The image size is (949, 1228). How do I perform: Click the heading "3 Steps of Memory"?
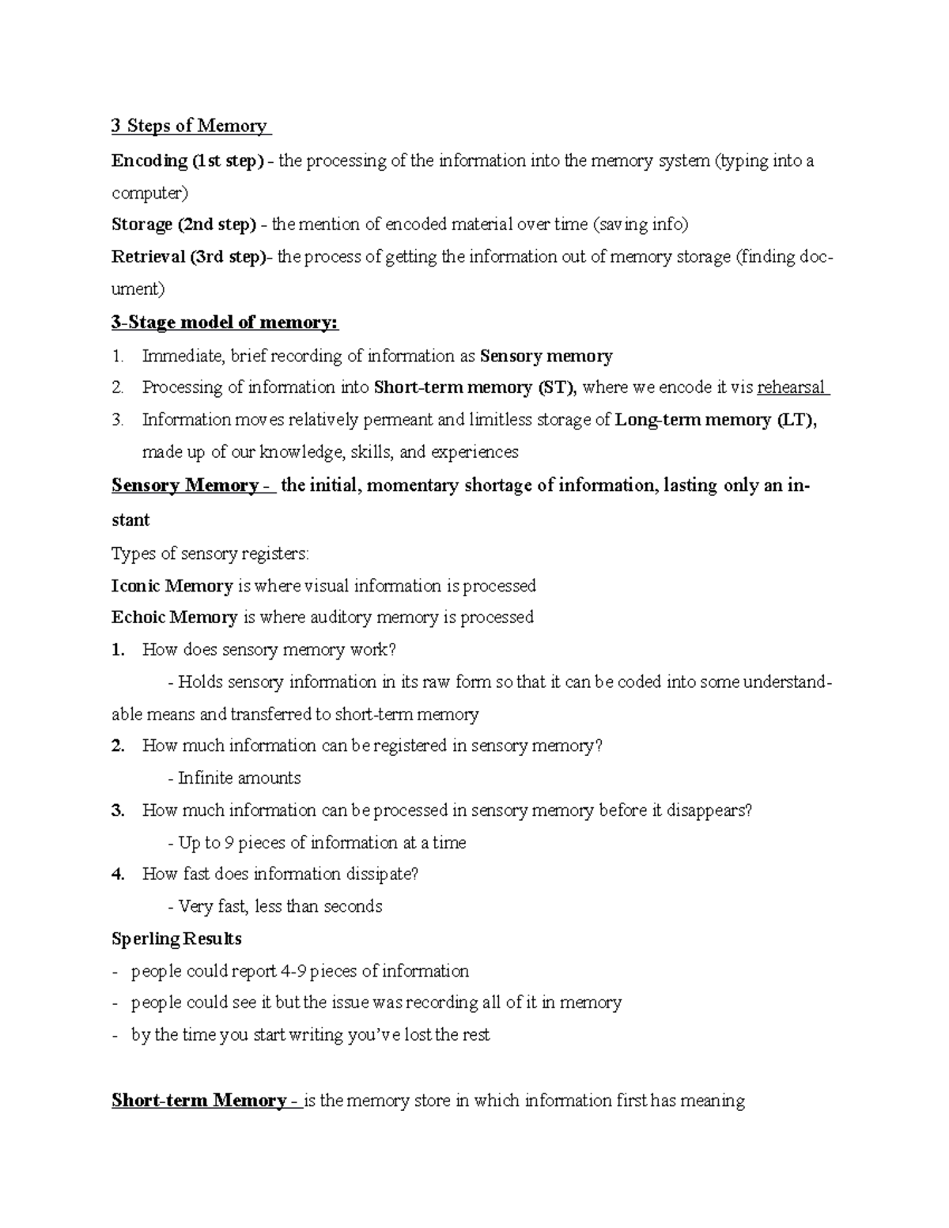[x=190, y=126]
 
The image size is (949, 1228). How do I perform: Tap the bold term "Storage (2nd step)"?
[x=183, y=225]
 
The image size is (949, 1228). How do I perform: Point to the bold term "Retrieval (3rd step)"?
[x=189, y=257]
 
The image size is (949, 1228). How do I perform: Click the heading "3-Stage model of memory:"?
[x=225, y=323]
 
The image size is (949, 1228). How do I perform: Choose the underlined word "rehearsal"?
[x=791, y=387]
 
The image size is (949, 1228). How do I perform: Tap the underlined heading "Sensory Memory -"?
[x=192, y=486]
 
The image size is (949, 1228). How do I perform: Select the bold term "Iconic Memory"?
[x=172, y=586]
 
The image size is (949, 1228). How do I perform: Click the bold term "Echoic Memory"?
[x=174, y=618]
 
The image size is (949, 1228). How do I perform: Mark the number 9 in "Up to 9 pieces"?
[x=228, y=843]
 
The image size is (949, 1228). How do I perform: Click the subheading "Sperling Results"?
[x=176, y=939]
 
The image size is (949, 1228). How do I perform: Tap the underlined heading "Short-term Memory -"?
[x=206, y=1101]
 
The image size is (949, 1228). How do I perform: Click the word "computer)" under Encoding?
[x=150, y=194]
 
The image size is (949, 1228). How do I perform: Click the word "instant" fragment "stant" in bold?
[x=130, y=520]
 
